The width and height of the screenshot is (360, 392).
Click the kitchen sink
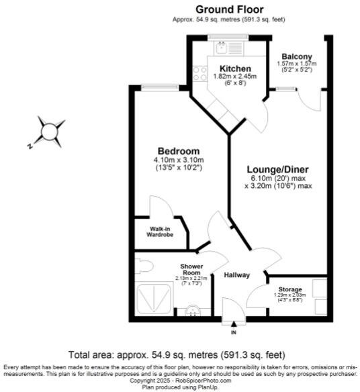click(x=222, y=47)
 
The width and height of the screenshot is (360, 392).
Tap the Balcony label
click(x=296, y=56)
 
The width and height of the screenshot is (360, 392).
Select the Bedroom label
click(x=178, y=150)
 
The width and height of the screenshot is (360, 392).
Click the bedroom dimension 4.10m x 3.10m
click(x=178, y=160)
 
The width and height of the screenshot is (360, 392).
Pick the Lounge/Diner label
click(x=278, y=169)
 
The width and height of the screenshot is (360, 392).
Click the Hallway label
click(x=237, y=275)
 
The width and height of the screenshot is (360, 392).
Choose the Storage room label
click(x=290, y=289)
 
